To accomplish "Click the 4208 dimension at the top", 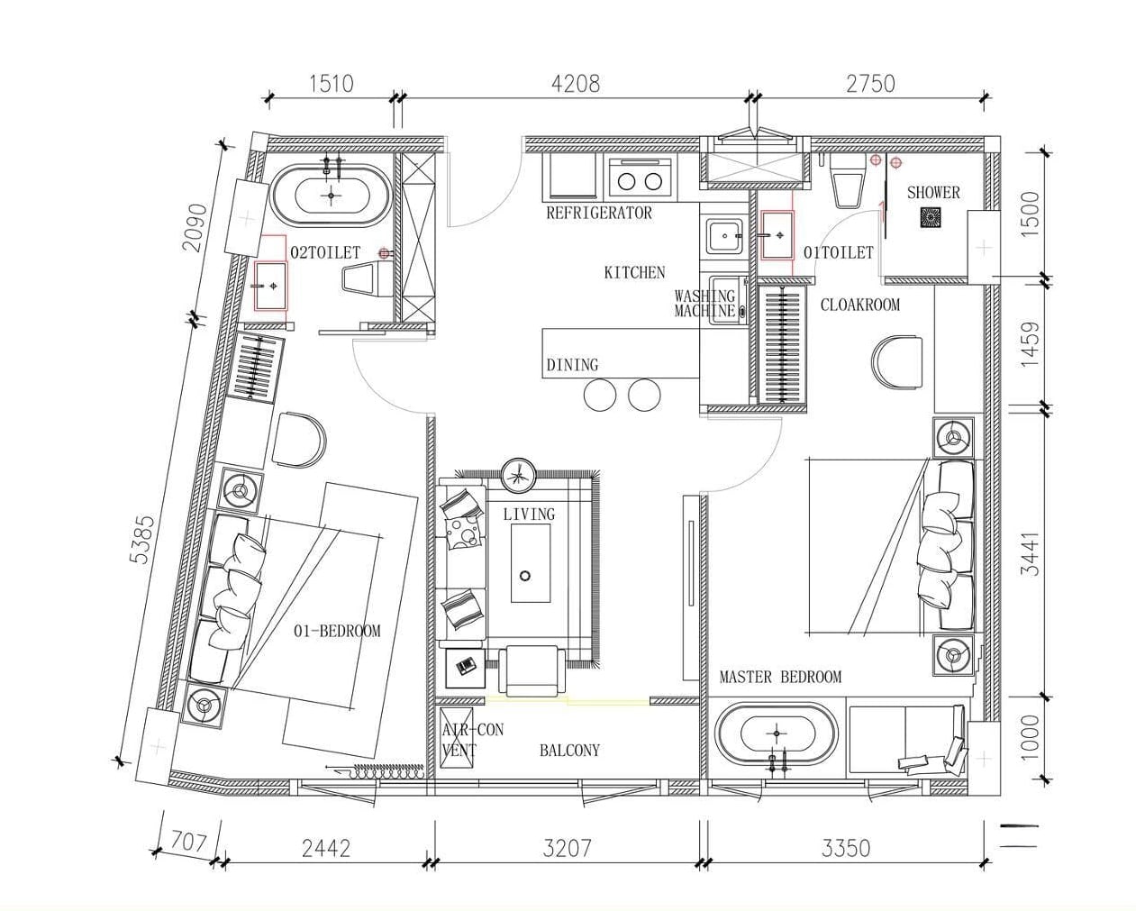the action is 576,84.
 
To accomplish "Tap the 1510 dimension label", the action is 331,84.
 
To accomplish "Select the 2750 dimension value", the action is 870,84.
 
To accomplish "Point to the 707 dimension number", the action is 189,843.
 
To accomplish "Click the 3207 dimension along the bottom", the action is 567,848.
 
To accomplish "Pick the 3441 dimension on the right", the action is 1030,553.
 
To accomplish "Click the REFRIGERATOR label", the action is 599,213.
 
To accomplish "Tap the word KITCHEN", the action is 634,272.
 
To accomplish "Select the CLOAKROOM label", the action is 860,305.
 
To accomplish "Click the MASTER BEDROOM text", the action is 780,677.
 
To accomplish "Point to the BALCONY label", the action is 569,751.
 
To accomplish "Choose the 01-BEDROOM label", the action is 337,631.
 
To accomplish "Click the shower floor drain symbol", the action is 931,217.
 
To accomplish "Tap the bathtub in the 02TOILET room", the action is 331,196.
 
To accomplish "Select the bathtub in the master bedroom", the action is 776,733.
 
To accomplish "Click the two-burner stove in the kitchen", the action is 640,179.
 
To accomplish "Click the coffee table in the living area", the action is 531,562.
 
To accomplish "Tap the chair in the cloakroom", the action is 897,362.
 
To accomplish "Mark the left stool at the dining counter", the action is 600,394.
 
